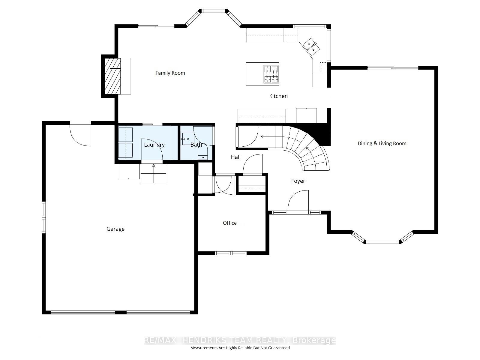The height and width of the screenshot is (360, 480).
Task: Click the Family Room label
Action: point(170,73)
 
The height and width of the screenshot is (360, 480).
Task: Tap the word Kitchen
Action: point(278,96)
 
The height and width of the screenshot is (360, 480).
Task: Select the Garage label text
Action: point(115,229)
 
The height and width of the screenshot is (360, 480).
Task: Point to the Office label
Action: point(229,223)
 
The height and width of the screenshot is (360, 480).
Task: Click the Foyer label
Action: point(298,181)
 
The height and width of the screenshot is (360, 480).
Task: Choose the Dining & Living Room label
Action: point(382,143)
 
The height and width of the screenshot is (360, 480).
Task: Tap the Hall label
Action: point(235,157)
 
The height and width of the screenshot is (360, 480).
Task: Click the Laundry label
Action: point(154,145)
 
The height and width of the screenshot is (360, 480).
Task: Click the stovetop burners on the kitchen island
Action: point(271,74)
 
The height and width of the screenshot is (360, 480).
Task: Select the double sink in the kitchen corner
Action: point(311,47)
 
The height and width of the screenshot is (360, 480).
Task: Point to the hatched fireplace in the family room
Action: point(112,76)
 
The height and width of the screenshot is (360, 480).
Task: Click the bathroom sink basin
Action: point(187,139)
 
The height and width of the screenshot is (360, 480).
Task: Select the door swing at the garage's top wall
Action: point(80,134)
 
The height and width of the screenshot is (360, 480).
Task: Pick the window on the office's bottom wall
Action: point(230,253)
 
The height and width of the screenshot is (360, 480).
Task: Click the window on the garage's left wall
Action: point(44,217)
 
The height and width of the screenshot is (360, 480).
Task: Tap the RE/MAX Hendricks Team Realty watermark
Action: point(240,340)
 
